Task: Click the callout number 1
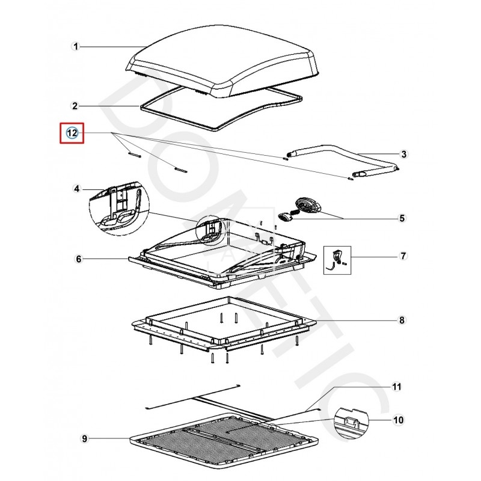pos(76,46)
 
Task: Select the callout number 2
pos(75,106)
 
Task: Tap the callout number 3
pos(404,155)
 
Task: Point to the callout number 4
pos(76,189)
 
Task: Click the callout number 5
pos(402,218)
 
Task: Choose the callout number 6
pos(78,259)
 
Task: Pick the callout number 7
pos(403,257)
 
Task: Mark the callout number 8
pos(402,320)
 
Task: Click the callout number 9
pos(84,439)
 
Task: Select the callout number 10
pos(397,420)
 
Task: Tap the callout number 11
pos(396,386)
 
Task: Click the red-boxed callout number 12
pos(72,133)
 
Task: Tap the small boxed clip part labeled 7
pos(337,258)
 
